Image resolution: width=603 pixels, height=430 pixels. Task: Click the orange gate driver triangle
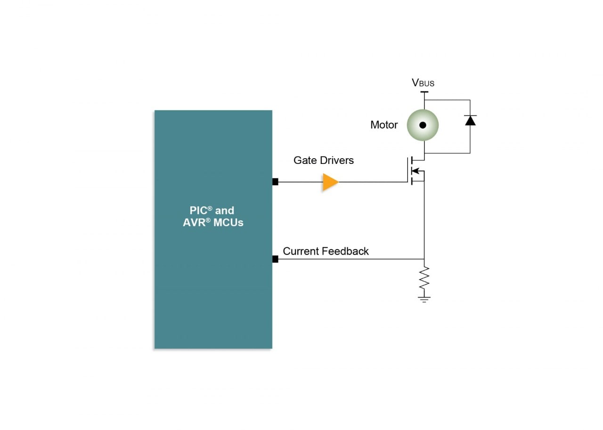(330, 182)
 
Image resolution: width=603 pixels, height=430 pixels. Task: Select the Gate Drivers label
(323, 160)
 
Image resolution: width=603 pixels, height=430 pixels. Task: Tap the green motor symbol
(423, 125)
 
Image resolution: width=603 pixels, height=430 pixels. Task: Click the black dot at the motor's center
(423, 125)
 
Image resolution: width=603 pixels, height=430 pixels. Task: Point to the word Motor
(383, 125)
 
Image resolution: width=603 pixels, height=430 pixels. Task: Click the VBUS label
(423, 83)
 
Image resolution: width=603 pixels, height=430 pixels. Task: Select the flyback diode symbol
(470, 120)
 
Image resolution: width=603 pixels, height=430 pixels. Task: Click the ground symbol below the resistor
(424, 299)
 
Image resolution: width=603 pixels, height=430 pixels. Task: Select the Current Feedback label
(326, 251)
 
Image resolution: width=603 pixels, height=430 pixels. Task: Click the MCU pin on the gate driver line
(275, 182)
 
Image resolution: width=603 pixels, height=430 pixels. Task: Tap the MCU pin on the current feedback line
(275, 259)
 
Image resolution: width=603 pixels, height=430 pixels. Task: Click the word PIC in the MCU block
(198, 211)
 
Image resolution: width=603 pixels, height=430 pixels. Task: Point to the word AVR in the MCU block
(193, 222)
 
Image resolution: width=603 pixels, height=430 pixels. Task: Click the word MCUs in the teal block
(228, 222)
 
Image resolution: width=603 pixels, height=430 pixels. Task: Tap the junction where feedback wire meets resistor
(424, 259)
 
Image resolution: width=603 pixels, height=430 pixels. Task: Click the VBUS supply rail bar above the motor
(424, 92)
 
